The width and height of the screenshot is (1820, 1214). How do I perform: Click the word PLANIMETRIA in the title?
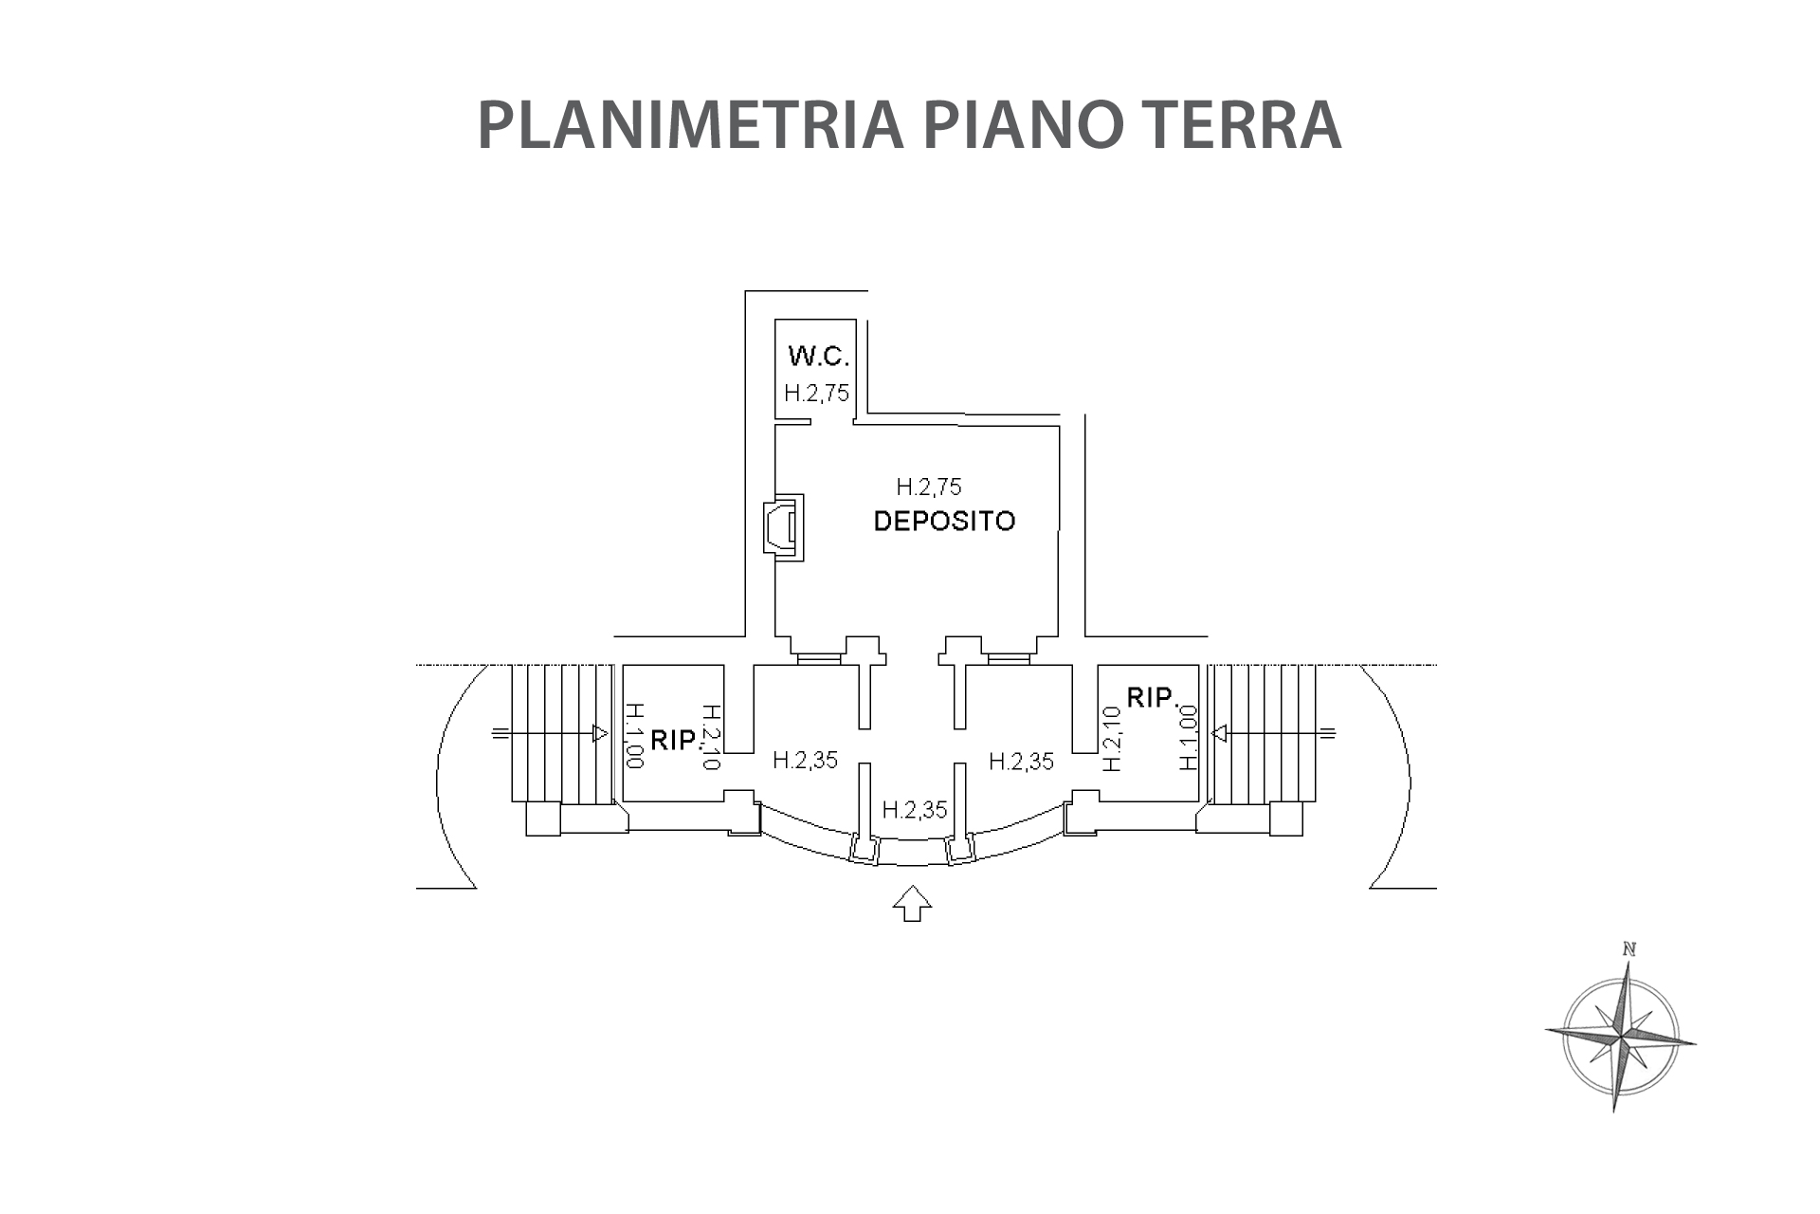(690, 125)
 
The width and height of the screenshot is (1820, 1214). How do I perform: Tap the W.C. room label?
(818, 357)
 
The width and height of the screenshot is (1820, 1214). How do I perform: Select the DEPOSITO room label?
(944, 521)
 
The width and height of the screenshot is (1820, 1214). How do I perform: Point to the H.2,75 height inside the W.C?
(816, 393)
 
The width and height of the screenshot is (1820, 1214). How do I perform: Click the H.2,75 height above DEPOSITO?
(929, 487)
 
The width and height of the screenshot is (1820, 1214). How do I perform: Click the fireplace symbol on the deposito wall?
(784, 526)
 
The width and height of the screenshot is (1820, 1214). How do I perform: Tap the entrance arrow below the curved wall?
(912, 903)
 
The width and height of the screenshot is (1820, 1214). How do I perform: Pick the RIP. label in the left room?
(675, 740)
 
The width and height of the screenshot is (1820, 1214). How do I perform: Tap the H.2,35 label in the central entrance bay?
(915, 810)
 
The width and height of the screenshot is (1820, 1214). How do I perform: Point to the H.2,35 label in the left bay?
(805, 760)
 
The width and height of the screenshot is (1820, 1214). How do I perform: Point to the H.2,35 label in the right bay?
(1021, 761)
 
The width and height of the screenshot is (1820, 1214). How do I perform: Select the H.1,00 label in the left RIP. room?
(634, 735)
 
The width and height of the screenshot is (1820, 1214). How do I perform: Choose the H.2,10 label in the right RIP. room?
(1113, 738)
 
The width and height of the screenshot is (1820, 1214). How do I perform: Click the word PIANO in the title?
(1010, 125)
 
